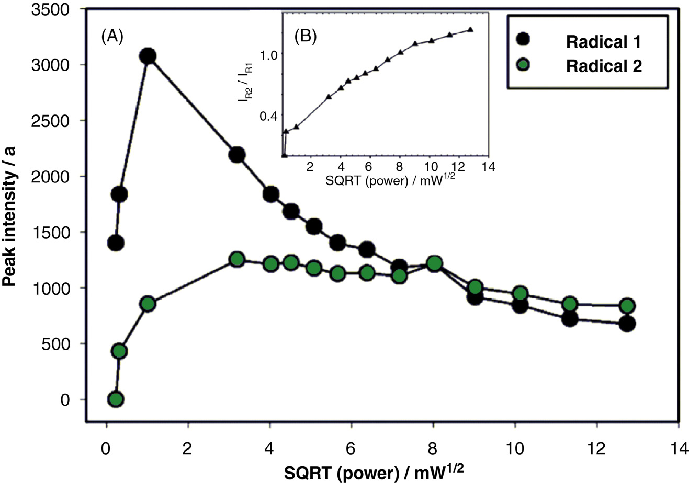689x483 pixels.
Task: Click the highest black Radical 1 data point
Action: (148, 56)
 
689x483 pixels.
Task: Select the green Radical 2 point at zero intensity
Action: (116, 399)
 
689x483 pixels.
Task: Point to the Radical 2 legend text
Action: (604, 66)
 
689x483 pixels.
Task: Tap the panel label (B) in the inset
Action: (306, 37)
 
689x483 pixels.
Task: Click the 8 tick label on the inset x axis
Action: (400, 167)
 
